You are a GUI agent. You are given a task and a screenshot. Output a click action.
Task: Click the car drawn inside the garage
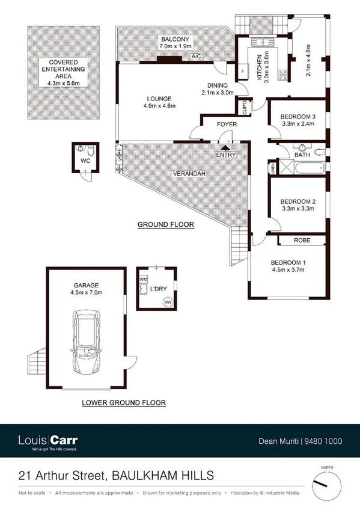85,341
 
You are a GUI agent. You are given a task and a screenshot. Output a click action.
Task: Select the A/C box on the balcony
196,57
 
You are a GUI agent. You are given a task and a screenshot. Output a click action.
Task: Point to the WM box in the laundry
143,280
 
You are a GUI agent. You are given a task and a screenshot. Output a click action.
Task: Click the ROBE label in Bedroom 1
302,240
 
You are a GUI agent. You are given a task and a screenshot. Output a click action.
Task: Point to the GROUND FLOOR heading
166,225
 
